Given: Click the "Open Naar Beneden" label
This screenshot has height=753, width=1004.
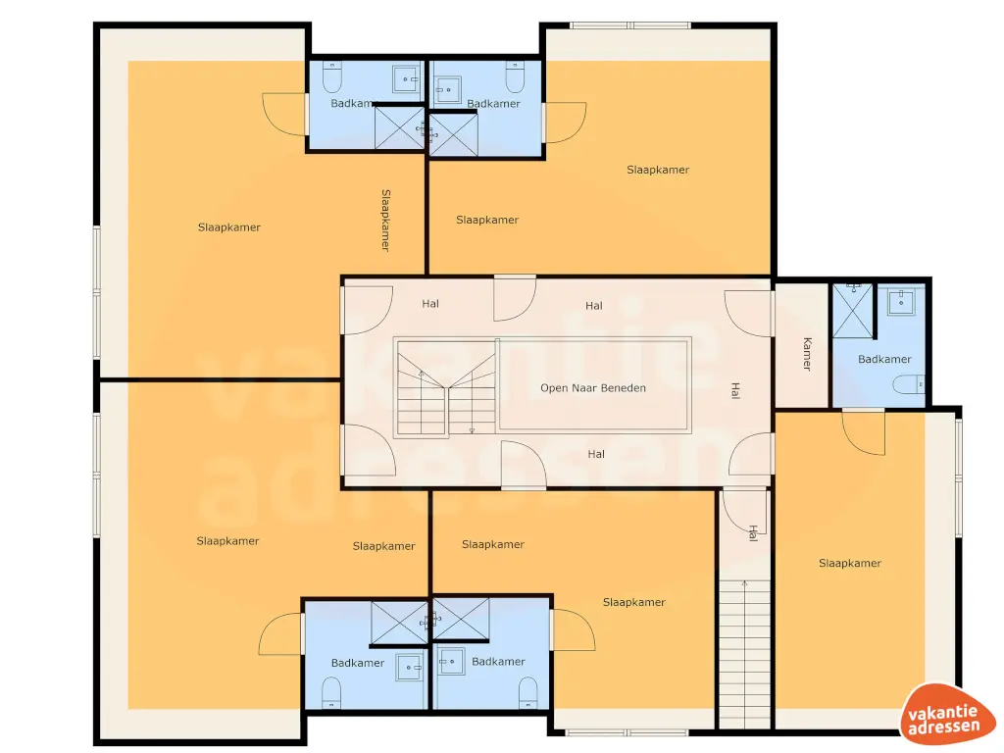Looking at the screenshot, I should click(x=593, y=388).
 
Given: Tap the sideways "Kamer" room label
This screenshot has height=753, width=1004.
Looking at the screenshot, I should click(x=807, y=354).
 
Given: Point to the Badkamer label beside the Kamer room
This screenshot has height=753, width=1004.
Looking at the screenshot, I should click(x=884, y=360).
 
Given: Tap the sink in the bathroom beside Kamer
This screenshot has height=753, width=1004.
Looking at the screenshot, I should click(x=900, y=302).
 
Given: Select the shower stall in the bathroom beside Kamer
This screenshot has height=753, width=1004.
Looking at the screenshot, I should click(x=852, y=309).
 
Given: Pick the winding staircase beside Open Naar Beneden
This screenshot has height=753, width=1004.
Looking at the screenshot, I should click(x=446, y=386).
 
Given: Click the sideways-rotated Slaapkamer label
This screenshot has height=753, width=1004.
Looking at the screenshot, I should click(x=386, y=220).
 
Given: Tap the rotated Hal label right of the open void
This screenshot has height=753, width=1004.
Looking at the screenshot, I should click(x=734, y=390).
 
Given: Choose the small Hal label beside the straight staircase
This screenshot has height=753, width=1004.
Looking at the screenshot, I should click(x=753, y=532).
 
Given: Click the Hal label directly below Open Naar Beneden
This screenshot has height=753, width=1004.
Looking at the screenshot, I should click(x=596, y=454).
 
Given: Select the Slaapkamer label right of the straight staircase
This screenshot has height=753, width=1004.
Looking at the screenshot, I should click(x=850, y=564).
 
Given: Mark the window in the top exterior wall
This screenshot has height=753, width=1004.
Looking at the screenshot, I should click(x=630, y=25).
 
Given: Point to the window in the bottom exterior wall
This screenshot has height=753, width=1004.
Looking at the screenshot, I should click(x=628, y=731).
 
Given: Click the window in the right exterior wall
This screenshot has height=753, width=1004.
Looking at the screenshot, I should click(x=960, y=476).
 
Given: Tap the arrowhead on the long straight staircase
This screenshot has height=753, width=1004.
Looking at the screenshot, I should click(x=745, y=584).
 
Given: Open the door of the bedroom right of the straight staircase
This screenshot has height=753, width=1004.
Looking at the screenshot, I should click(x=864, y=431).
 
